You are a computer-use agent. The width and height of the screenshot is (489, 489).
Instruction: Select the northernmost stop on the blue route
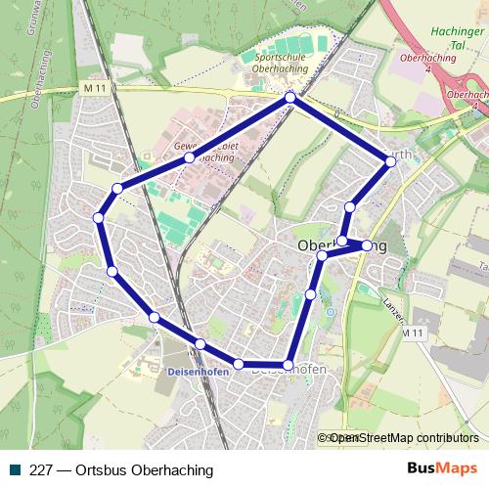point(290,98)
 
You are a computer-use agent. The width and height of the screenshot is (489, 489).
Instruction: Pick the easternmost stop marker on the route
point(391,161)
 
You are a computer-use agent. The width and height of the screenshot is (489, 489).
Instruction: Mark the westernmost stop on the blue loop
point(98,217)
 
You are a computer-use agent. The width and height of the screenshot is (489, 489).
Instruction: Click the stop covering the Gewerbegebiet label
point(190,156)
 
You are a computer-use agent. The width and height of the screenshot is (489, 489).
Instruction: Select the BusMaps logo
point(441,469)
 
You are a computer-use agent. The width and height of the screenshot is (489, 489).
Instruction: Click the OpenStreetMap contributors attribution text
point(403,438)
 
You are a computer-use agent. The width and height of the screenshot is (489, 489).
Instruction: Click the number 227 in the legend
point(42,470)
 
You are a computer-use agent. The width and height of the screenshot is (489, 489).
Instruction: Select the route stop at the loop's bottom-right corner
point(288,365)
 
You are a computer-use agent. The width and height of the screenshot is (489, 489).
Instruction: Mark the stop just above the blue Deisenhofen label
point(200,343)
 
